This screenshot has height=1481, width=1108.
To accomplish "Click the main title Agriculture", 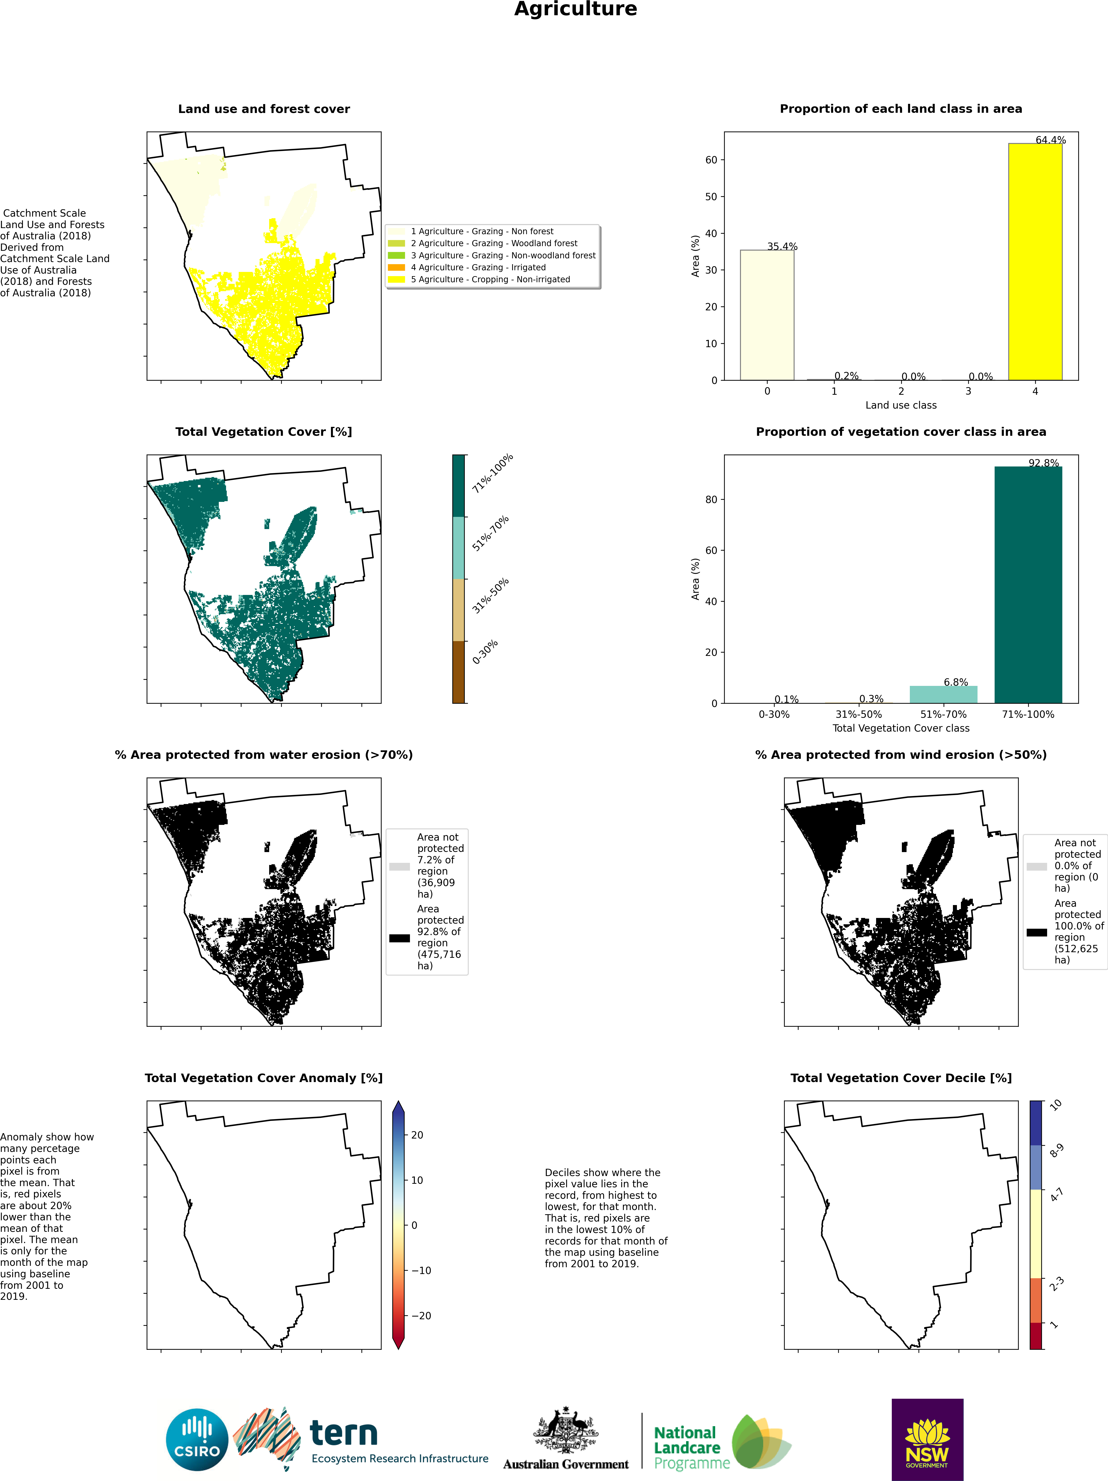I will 575,9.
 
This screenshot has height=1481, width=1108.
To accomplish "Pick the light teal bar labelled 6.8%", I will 943,694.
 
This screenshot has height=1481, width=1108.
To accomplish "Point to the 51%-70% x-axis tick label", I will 943,714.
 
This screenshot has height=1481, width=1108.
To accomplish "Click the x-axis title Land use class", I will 901,405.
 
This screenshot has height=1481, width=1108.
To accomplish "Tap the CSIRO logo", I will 197,1440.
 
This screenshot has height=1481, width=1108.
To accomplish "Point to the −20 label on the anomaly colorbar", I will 421,1316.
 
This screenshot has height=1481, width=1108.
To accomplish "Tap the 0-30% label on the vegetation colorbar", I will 485,652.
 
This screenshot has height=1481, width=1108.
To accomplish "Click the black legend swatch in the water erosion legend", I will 399,938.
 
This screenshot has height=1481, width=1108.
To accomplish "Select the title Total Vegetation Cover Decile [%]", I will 901,1078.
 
